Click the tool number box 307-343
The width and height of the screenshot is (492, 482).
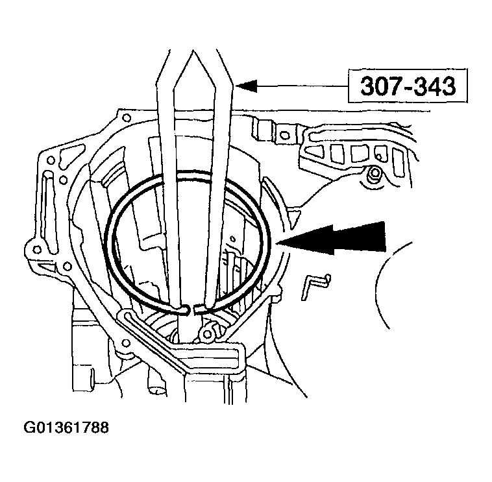(x=405, y=86)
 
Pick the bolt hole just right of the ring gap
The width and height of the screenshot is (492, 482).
(x=208, y=335)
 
